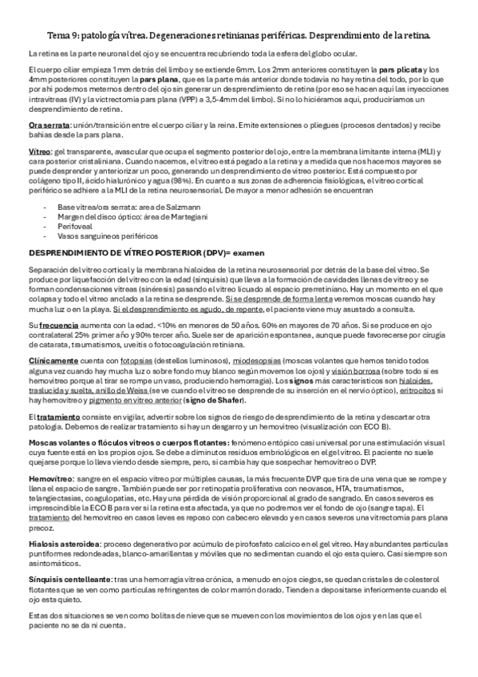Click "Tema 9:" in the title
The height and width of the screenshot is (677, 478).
(x=61, y=37)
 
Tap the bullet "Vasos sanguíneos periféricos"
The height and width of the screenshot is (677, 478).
(x=105, y=236)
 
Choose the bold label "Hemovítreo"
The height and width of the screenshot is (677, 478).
(x=47, y=477)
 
